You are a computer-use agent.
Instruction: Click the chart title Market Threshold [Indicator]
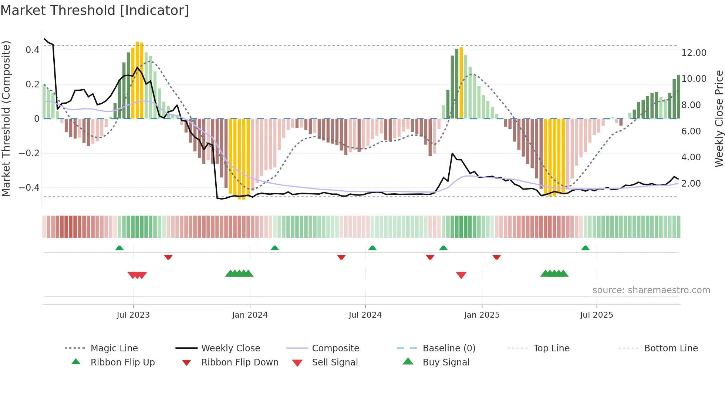95,10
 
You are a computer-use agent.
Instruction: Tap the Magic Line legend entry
114,348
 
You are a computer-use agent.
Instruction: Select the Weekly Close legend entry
230,348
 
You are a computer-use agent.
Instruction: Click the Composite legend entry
335,348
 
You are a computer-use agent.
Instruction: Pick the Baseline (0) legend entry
449,348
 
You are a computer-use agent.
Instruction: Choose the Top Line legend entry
551,348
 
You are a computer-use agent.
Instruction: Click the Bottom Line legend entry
671,348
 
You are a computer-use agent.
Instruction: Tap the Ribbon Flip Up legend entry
122,362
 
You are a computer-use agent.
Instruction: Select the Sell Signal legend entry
335,362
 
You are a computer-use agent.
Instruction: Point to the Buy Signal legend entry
446,362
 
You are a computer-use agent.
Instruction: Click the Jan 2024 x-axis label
250,315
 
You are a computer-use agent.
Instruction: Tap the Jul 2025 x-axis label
596,315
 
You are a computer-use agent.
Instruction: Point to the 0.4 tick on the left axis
33,50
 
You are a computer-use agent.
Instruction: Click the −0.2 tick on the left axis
29,153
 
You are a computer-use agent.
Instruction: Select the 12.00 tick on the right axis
694,53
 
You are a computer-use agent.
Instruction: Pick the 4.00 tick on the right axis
691,157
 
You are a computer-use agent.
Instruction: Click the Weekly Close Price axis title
719,118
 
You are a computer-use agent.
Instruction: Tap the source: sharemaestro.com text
651,290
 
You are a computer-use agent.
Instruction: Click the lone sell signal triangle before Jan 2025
461,275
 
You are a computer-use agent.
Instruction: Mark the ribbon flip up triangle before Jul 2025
585,248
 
